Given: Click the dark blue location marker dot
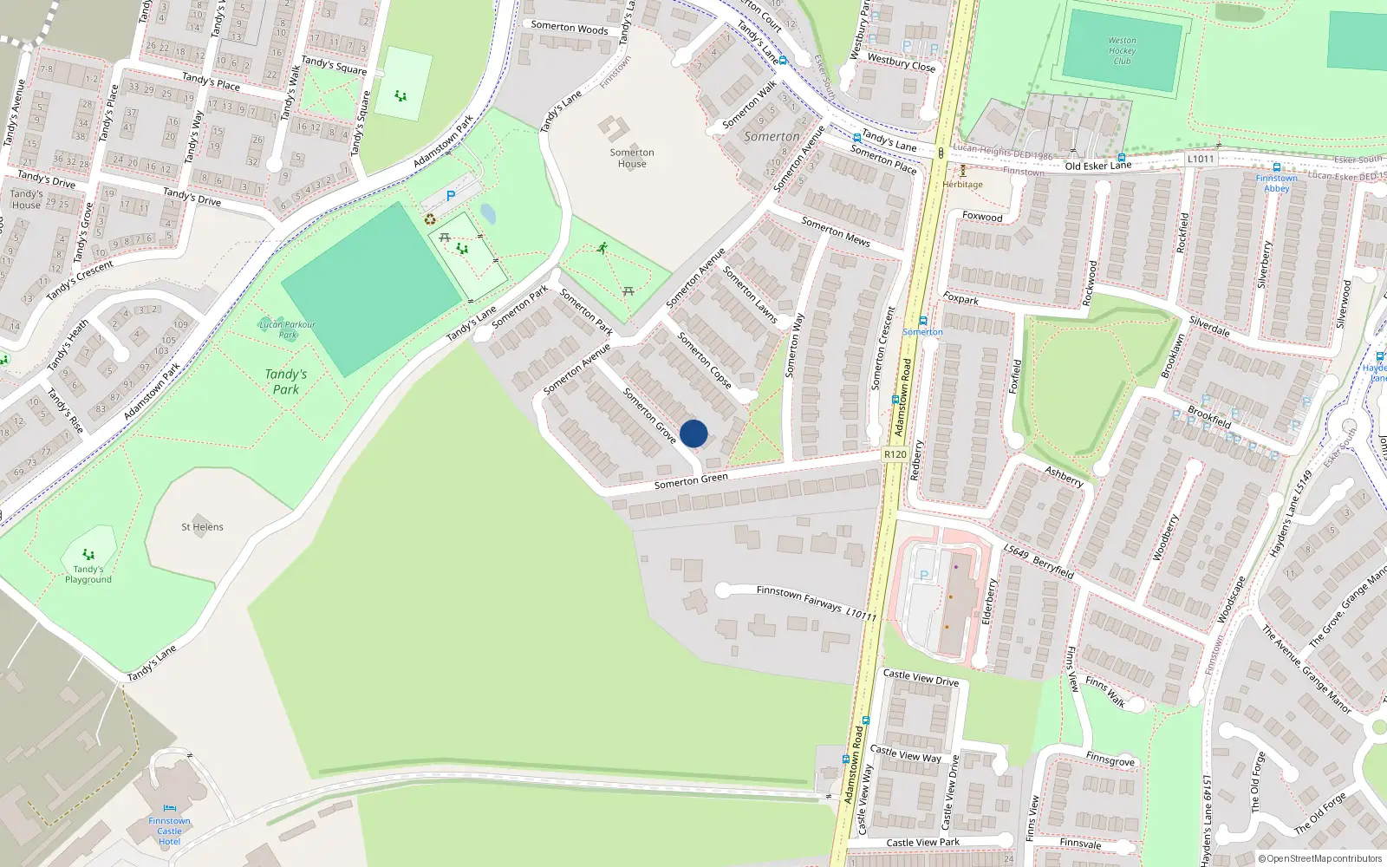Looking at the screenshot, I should click(x=693, y=433).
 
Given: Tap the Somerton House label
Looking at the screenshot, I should click(x=632, y=158).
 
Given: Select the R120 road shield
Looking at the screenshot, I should click(x=895, y=454).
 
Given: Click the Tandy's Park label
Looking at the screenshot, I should click(x=286, y=381).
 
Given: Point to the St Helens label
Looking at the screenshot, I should click(x=202, y=527).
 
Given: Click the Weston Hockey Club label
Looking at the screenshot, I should click(x=1122, y=50).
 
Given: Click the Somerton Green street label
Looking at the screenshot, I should click(x=691, y=480).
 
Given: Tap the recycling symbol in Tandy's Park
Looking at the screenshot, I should click(x=431, y=219).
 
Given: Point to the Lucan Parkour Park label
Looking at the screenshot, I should click(x=287, y=329).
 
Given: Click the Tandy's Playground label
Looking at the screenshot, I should click(x=88, y=574).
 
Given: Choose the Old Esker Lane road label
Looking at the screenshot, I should click(x=1098, y=166).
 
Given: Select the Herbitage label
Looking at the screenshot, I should click(x=962, y=184).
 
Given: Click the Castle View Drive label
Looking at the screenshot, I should click(x=921, y=678).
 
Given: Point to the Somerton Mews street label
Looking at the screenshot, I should click(x=835, y=231).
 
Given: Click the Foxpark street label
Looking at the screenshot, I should click(x=960, y=299).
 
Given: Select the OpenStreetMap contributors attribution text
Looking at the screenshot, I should click(x=1320, y=859).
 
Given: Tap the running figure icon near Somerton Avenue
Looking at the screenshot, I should click(x=602, y=248).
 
